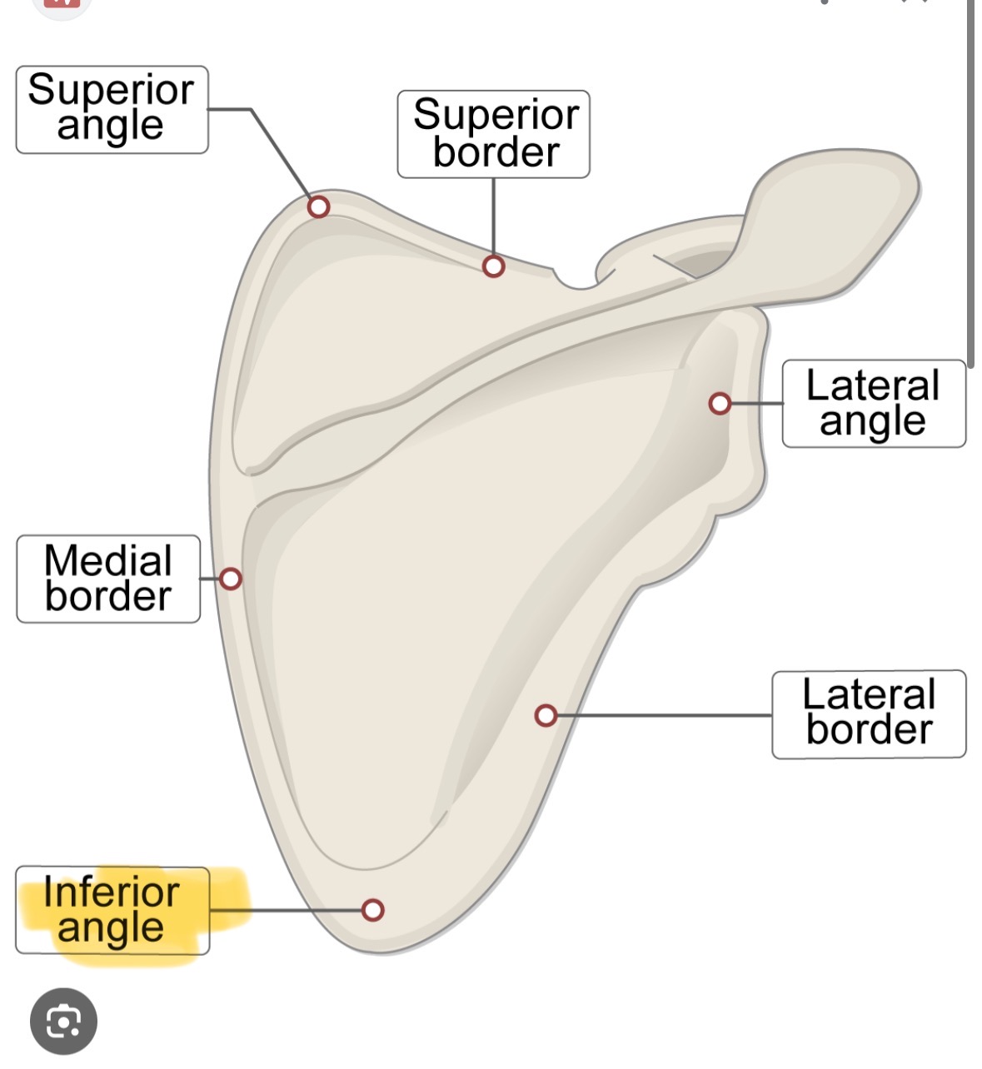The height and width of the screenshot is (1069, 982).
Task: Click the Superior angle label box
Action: click(x=112, y=110)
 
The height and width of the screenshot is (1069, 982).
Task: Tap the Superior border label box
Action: click(x=494, y=134)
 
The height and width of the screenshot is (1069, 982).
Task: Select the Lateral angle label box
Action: click(x=874, y=404)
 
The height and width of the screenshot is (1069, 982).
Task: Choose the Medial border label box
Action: click(x=108, y=579)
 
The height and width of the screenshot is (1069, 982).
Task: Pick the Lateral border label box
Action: click(x=869, y=714)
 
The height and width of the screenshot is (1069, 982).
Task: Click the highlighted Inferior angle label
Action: click(x=112, y=910)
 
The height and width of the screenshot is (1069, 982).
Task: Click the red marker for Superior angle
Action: click(x=318, y=206)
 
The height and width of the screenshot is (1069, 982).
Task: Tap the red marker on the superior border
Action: click(x=494, y=266)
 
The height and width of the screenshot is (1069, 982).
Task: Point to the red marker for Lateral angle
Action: click(x=720, y=404)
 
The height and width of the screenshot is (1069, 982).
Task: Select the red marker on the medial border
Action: click(x=231, y=579)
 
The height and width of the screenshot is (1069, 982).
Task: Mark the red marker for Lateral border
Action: click(x=546, y=715)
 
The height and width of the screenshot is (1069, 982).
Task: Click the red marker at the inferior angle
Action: click(x=373, y=910)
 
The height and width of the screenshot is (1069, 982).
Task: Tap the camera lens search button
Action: click(x=63, y=1021)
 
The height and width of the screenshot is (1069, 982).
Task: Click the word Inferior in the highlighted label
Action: click(x=111, y=892)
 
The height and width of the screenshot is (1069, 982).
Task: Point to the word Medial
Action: click(x=108, y=560)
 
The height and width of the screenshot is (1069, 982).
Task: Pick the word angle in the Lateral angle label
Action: click(x=872, y=421)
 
